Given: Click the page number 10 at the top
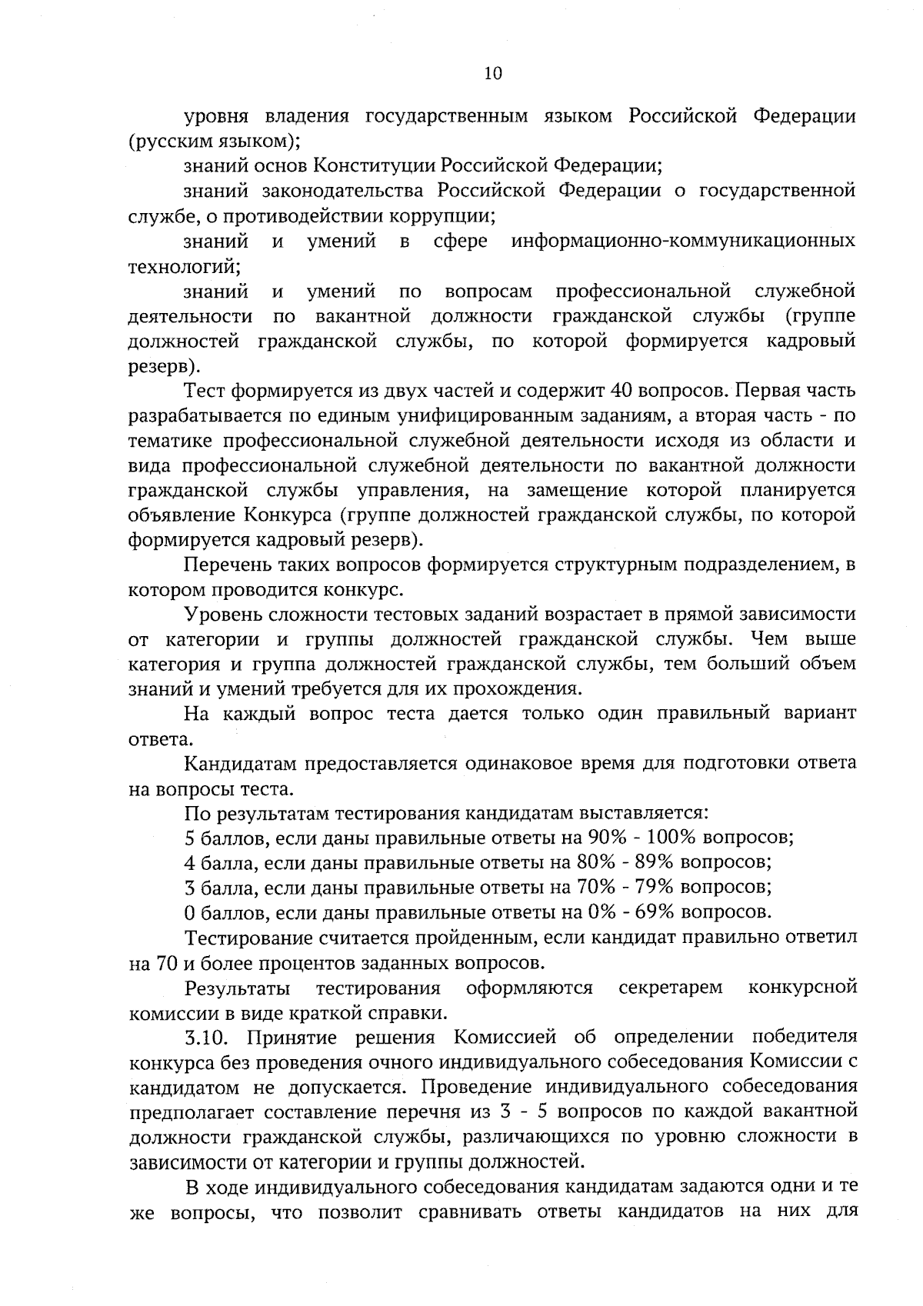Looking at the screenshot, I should pos(493,73).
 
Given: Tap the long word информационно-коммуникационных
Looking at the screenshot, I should pos(683,242).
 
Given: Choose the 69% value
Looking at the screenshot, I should pos(655,912).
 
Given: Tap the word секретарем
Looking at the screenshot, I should pos(671,988).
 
